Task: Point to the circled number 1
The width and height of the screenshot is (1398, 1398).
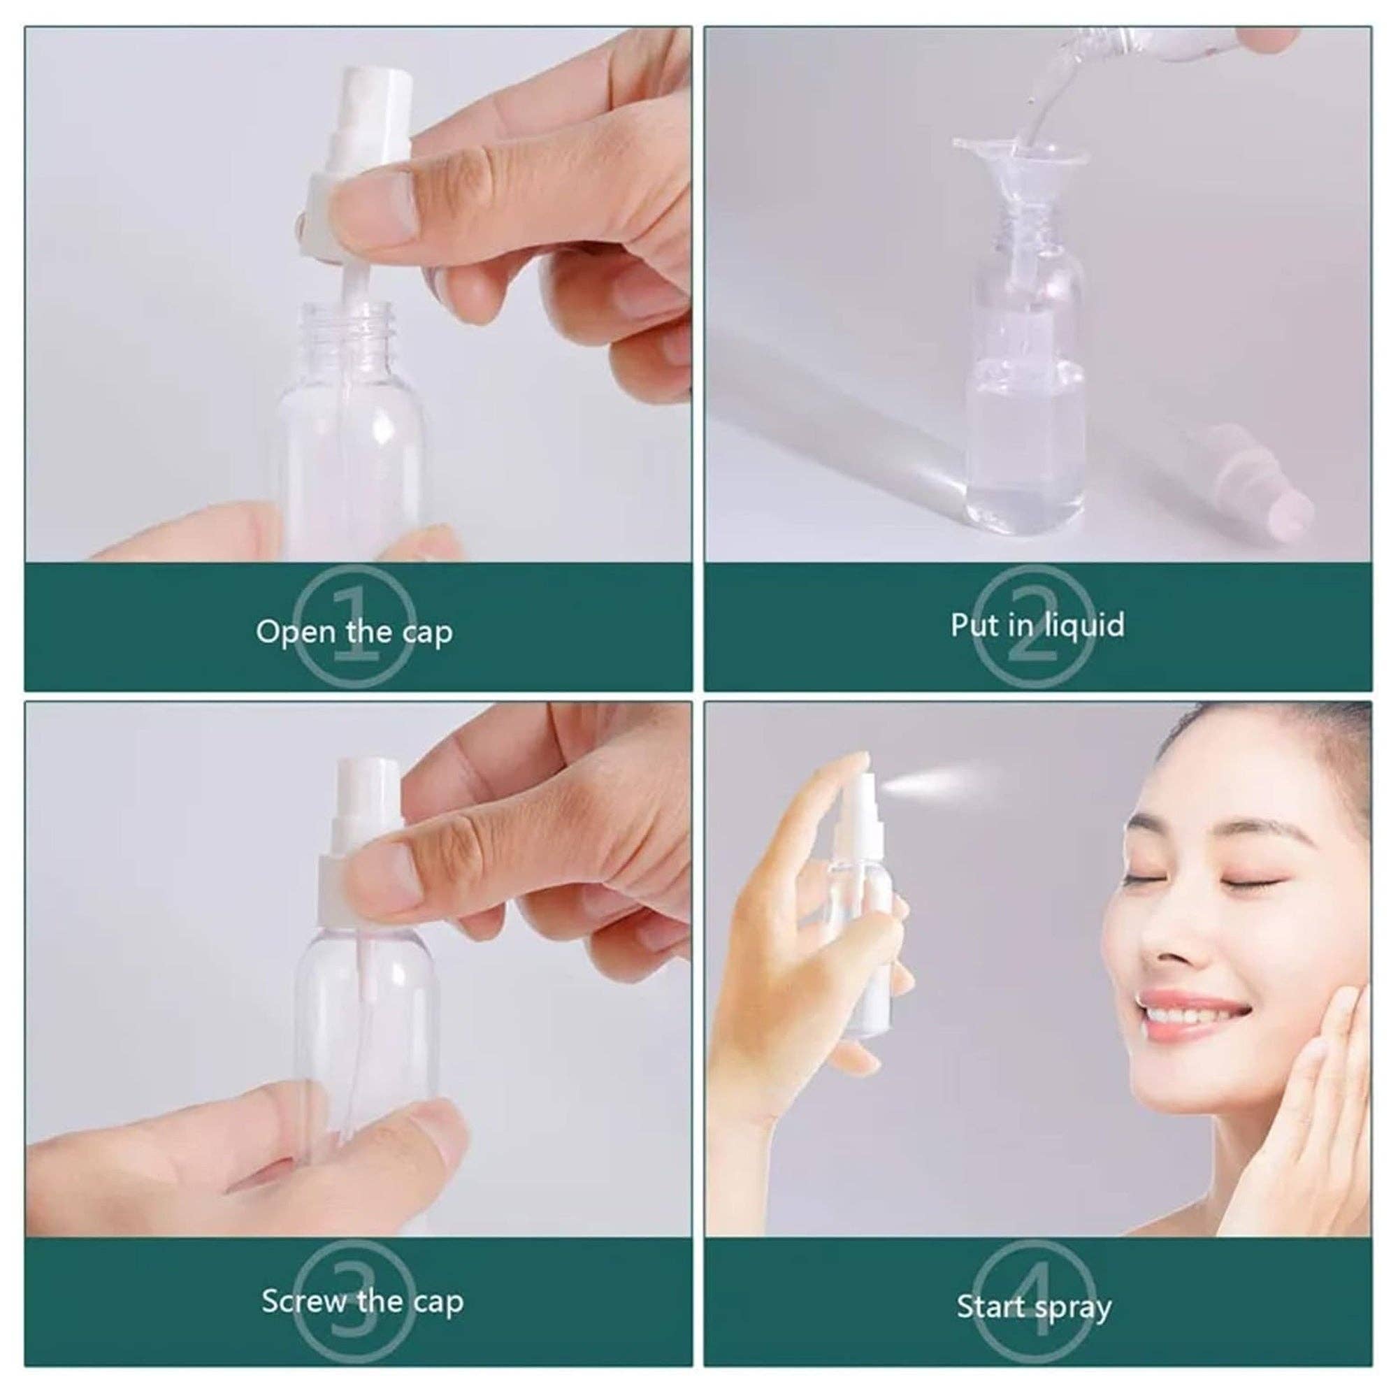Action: point(354,626)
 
